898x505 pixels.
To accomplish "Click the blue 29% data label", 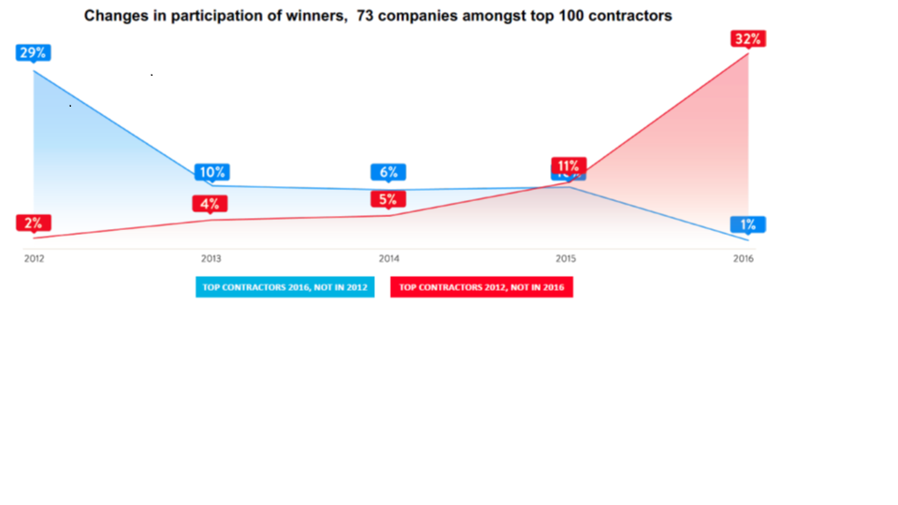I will [x=34, y=52].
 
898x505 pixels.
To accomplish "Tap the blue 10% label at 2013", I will [x=211, y=172].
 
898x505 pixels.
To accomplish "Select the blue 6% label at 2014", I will [x=389, y=172].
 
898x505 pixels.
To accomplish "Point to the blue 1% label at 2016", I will [x=748, y=224].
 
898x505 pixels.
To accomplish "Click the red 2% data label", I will [x=34, y=223].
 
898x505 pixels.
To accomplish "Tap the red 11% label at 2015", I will [x=569, y=166].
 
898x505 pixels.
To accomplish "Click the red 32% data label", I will [x=748, y=39].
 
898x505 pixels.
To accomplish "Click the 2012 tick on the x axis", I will [x=34, y=258].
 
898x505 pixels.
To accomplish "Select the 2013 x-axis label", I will [x=211, y=258].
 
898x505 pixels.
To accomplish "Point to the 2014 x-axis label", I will [x=389, y=258].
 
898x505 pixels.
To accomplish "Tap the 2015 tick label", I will [x=565, y=258].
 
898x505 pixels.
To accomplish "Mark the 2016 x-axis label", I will [x=744, y=258].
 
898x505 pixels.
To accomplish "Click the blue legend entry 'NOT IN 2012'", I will [x=285, y=287].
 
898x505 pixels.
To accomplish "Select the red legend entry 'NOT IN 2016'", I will [x=481, y=287].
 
